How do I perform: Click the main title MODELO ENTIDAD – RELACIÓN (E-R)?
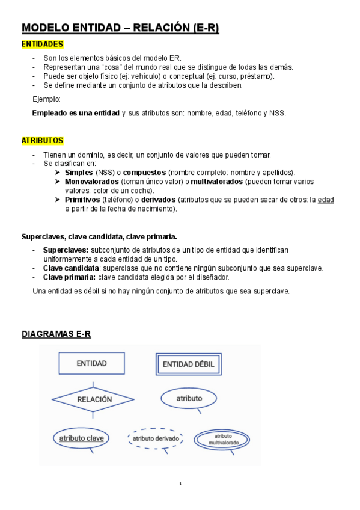tap(120, 28)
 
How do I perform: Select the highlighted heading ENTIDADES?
tap(42, 44)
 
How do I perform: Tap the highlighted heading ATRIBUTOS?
tap(42, 140)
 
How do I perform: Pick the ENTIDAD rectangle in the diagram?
tap(92, 363)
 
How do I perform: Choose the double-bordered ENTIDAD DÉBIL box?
tap(189, 364)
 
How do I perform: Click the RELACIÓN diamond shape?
tap(94, 398)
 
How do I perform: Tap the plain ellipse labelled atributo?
tap(189, 398)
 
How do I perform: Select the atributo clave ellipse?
tap(81, 438)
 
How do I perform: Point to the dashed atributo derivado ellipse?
tap(156, 439)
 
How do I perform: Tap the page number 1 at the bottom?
tap(180, 484)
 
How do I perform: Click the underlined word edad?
tap(326, 200)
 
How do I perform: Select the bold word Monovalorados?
tap(91, 181)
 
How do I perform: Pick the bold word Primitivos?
tap(82, 200)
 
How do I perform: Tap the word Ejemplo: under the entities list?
tap(46, 99)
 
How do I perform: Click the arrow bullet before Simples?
tap(57, 173)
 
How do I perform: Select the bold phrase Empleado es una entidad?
tap(76, 113)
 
